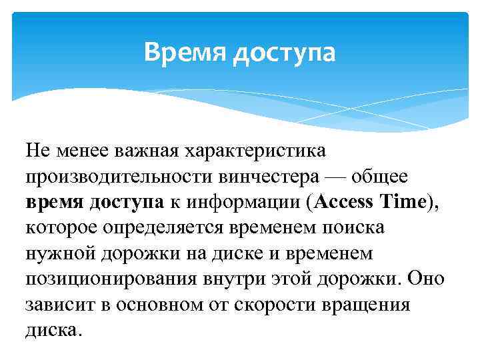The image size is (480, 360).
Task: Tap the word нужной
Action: click(x=56, y=254)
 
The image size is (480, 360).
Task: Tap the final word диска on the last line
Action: click(x=53, y=331)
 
